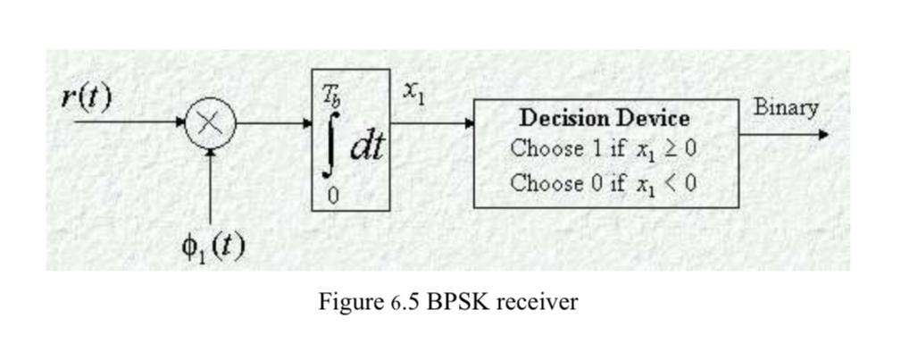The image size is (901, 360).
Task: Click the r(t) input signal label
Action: (87, 96)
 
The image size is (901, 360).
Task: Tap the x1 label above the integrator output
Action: (413, 91)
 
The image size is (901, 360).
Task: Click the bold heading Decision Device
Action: (605, 117)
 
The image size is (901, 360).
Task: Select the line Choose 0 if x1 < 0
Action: (604, 183)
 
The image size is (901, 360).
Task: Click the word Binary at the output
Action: (786, 107)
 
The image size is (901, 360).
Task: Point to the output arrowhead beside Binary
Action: (822, 135)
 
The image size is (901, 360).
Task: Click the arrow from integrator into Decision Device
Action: (432, 123)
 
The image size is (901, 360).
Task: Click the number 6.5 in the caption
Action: (405, 302)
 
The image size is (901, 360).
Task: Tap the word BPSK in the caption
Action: (456, 302)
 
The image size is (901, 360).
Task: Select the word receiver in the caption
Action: (536, 302)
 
